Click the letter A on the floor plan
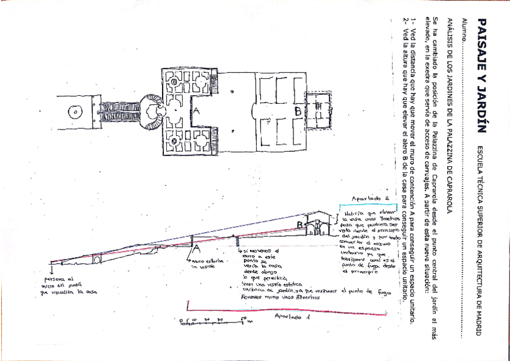tap(196, 111)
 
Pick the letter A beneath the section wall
tap(196, 247)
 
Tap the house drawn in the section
tap(318, 224)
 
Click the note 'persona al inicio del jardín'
tap(66, 286)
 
